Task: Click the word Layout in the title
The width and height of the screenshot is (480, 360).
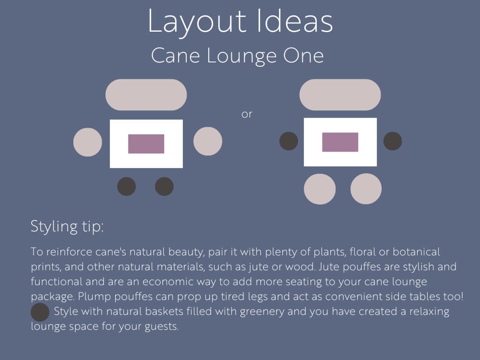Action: [x=197, y=22]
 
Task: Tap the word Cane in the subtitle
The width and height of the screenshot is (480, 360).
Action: [x=175, y=56]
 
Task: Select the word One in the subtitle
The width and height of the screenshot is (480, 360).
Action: [x=303, y=56]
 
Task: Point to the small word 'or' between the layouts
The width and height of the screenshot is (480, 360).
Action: [x=247, y=114]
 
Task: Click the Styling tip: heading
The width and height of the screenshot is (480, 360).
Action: [x=67, y=227]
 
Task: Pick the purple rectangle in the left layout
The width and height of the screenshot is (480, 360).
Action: [x=146, y=144]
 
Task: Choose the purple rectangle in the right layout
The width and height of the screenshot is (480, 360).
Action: [x=340, y=142]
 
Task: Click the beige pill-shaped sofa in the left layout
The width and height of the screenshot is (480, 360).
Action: [x=146, y=95]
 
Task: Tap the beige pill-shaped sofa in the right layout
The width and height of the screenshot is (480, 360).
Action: [x=340, y=95]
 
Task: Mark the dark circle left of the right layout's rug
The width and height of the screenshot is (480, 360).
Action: [x=288, y=141]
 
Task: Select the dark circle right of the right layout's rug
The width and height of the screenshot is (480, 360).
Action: [x=393, y=141]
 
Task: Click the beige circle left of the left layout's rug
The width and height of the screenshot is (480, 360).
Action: [x=87, y=142]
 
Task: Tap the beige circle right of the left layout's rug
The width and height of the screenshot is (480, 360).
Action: [x=208, y=141]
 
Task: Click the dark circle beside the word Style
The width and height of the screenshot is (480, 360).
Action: [x=40, y=312]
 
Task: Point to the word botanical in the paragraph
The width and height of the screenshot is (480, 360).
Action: [x=416, y=252]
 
